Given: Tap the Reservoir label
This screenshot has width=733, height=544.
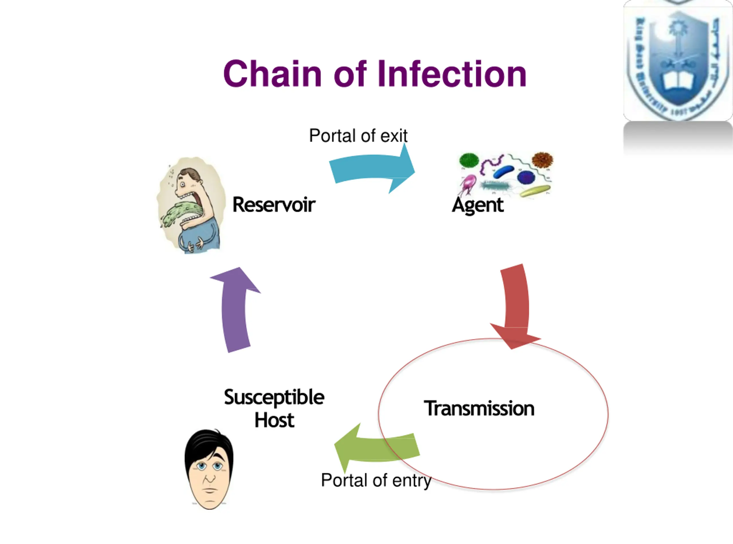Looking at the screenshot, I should click(274, 204).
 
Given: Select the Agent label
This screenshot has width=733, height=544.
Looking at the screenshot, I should click(478, 206).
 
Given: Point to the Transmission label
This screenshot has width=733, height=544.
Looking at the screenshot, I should click(479, 408).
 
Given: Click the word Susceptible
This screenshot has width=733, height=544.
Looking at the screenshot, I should click(274, 397).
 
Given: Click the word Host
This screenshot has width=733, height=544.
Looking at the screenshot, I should click(274, 420).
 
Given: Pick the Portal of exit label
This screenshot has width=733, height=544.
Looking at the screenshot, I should click(358, 135).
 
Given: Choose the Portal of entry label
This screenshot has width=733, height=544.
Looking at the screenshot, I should click(376, 480).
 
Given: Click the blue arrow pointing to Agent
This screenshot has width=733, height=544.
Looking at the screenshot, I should click(372, 169).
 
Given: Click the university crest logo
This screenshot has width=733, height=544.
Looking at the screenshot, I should click(678, 61).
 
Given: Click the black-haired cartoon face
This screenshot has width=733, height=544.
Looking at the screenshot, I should click(209, 469).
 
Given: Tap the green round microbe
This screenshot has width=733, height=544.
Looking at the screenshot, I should click(469, 160).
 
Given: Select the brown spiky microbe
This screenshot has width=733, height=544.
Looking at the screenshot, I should click(542, 160).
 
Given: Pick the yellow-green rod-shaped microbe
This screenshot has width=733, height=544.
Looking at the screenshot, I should click(535, 191).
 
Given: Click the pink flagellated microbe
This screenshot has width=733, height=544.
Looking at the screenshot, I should click(468, 184).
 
